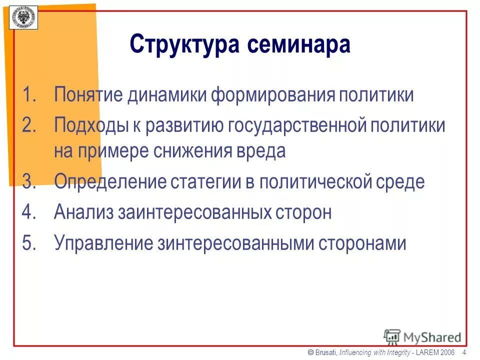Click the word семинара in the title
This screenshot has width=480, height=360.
point(298,45)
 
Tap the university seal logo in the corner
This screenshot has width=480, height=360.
point(23,15)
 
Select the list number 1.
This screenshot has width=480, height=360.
point(30,95)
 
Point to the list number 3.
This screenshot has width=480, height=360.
point(30,181)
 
